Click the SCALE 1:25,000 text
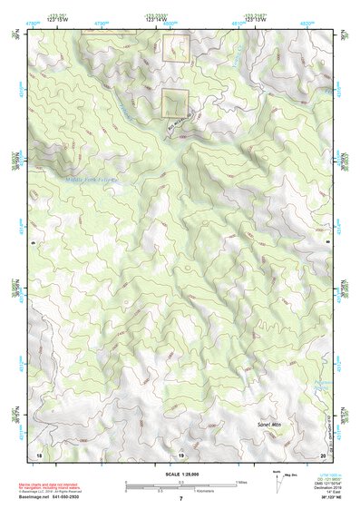point(180,474)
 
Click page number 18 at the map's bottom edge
point(38,454)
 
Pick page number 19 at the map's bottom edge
point(180,454)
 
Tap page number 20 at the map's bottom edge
point(322,454)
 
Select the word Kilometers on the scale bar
point(217,492)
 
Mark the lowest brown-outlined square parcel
point(174,103)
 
